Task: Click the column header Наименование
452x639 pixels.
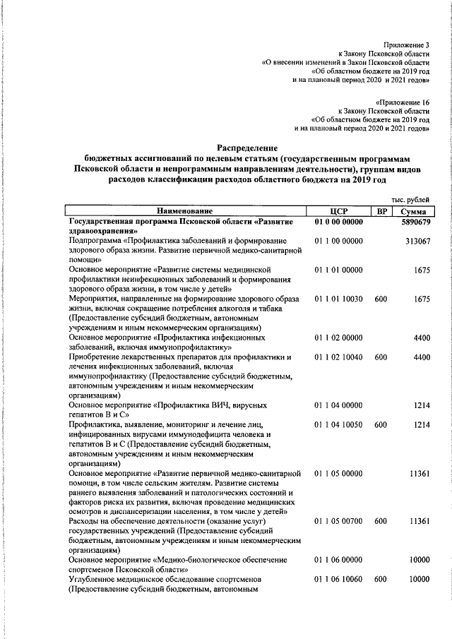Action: (x=185, y=211)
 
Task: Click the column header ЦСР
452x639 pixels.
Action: (x=338, y=211)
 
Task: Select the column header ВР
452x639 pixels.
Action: (x=381, y=211)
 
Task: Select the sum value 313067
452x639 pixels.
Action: (x=418, y=241)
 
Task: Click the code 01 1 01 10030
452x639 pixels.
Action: (x=338, y=299)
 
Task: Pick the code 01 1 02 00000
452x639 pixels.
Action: (x=338, y=338)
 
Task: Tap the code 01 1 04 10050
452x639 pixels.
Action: (x=338, y=425)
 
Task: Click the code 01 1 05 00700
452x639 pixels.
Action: (x=338, y=521)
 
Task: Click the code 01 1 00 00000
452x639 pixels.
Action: (x=338, y=241)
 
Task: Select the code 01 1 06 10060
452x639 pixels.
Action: (x=338, y=579)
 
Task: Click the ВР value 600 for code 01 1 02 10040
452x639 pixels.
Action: (x=381, y=357)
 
